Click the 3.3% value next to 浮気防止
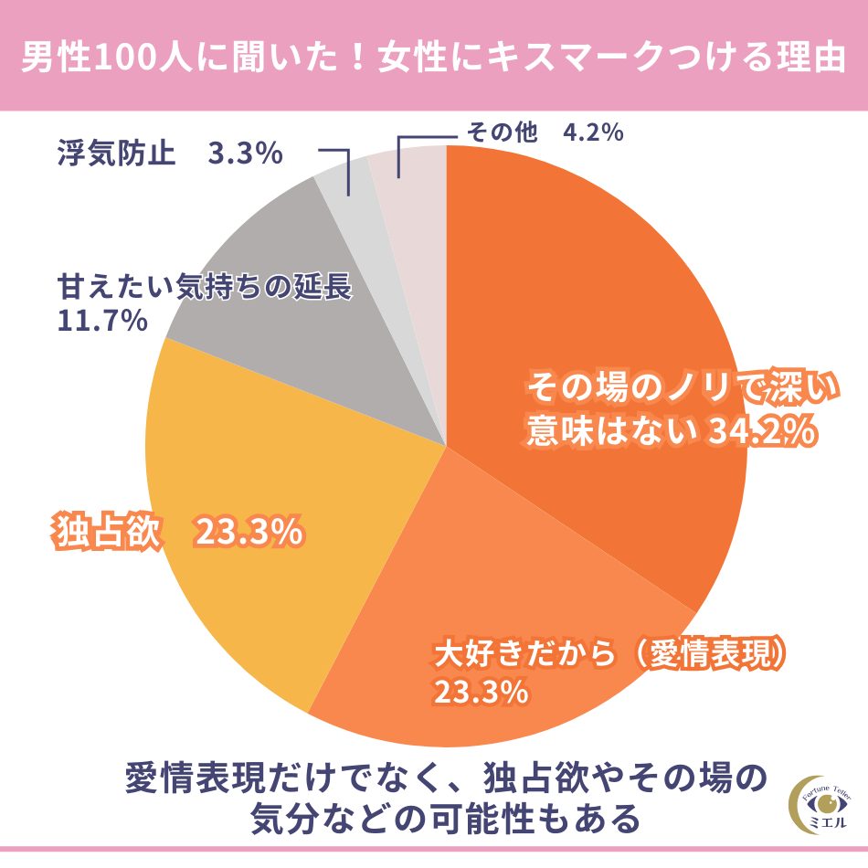click(245, 153)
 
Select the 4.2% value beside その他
click(593, 133)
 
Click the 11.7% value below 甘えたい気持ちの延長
click(102, 321)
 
